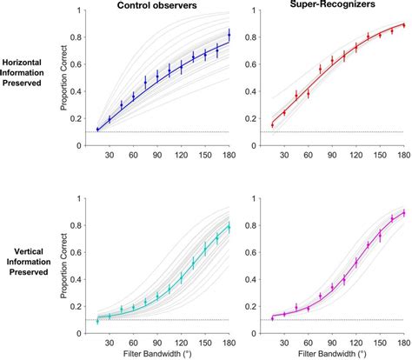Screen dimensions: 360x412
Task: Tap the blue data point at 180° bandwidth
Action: coord(229,35)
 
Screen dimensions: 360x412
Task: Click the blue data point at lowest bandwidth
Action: coord(97,130)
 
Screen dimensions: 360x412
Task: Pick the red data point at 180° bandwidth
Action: coord(403,25)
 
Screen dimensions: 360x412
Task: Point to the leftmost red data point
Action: coord(272,124)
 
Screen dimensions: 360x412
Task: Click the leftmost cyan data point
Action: coord(97,321)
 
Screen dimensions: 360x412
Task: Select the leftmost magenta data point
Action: coord(272,318)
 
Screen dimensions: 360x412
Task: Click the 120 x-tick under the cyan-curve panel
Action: coord(181,342)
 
